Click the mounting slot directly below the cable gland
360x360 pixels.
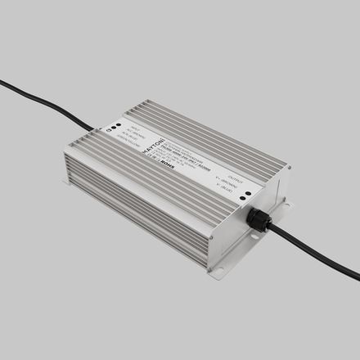pyautogui.click(x=255, y=237)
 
